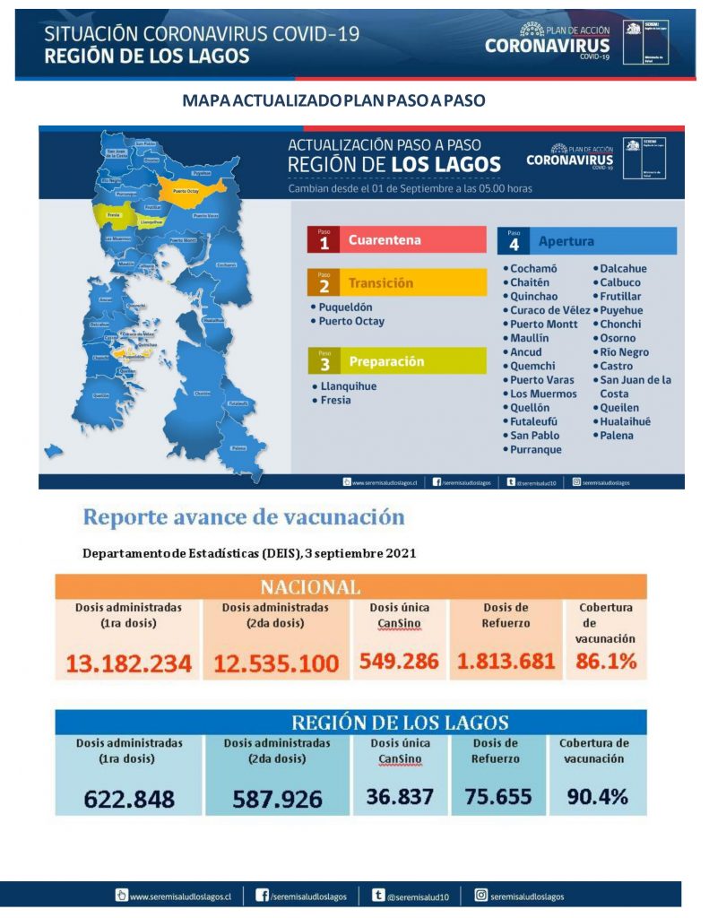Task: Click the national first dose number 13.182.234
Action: click(x=128, y=663)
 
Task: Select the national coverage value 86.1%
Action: click(x=606, y=662)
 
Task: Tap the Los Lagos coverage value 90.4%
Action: click(x=597, y=796)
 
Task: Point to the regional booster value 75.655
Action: click(x=498, y=796)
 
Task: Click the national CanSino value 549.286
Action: click(x=399, y=662)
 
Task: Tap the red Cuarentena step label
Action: click(x=384, y=240)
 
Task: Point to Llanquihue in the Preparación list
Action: click(x=349, y=386)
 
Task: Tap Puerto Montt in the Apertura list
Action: click(x=544, y=325)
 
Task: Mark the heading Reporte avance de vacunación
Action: click(x=243, y=517)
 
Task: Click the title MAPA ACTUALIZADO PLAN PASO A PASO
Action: click(x=333, y=100)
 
